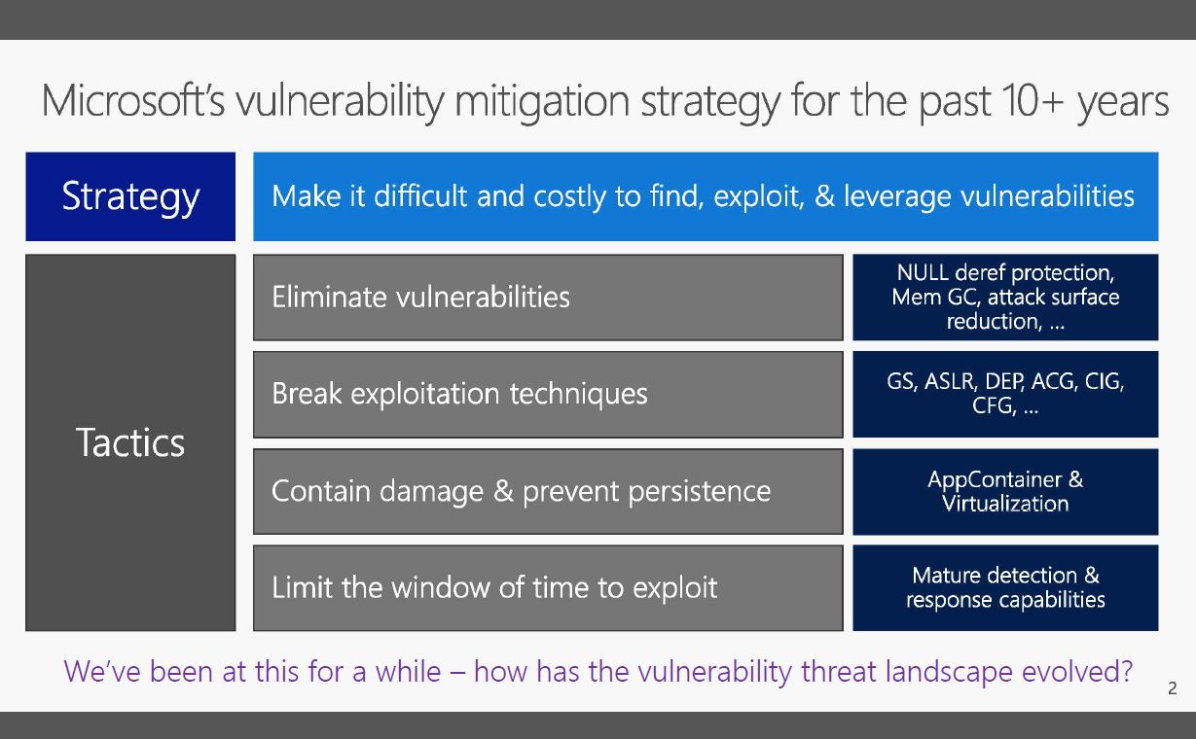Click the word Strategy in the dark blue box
coord(130,197)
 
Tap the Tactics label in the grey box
coord(130,442)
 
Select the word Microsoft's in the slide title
coord(133,100)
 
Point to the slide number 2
coord(1173,688)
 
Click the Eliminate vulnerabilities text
coord(420,298)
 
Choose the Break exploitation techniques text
coord(459,394)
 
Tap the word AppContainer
coord(996,480)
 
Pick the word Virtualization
coord(1005,504)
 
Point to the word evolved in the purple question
coord(1077,671)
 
